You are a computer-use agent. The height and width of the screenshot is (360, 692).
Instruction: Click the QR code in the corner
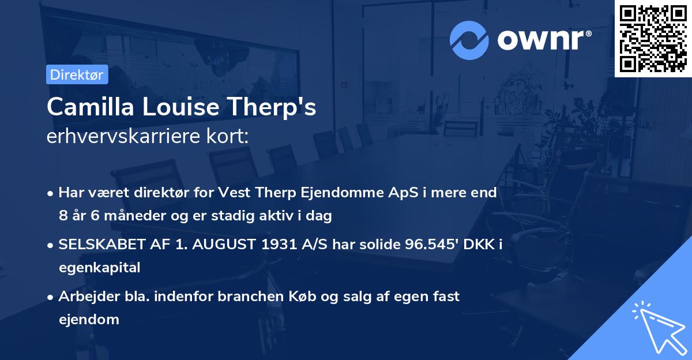[x=653, y=38]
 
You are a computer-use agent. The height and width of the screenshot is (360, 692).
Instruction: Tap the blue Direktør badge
[x=77, y=74]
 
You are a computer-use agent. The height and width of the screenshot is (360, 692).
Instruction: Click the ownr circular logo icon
[x=469, y=40]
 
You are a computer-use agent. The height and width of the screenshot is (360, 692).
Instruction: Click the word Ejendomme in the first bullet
[x=334, y=193]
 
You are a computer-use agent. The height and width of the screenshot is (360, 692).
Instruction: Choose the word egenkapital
[x=99, y=267]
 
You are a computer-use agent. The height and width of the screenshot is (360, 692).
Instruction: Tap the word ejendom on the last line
[x=89, y=319]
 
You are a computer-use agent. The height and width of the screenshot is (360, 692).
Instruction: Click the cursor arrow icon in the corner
[x=658, y=326]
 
